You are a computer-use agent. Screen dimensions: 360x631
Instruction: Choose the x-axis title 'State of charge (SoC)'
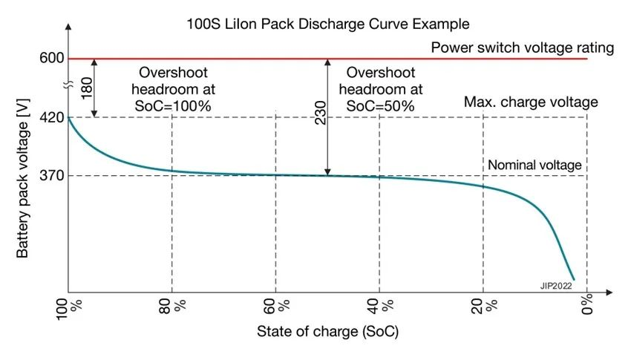tap(327, 331)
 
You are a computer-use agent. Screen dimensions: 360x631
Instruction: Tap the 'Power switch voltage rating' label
tap(523, 48)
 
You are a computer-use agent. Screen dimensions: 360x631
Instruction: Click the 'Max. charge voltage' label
tap(531, 102)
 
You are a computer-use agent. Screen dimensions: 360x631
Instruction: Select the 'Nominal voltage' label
tap(534, 165)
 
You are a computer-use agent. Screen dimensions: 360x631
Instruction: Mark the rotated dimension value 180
tap(85, 88)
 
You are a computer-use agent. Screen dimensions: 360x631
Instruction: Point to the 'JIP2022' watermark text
tap(554, 285)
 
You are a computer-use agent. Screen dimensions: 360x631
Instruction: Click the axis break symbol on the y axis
tap(68, 87)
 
